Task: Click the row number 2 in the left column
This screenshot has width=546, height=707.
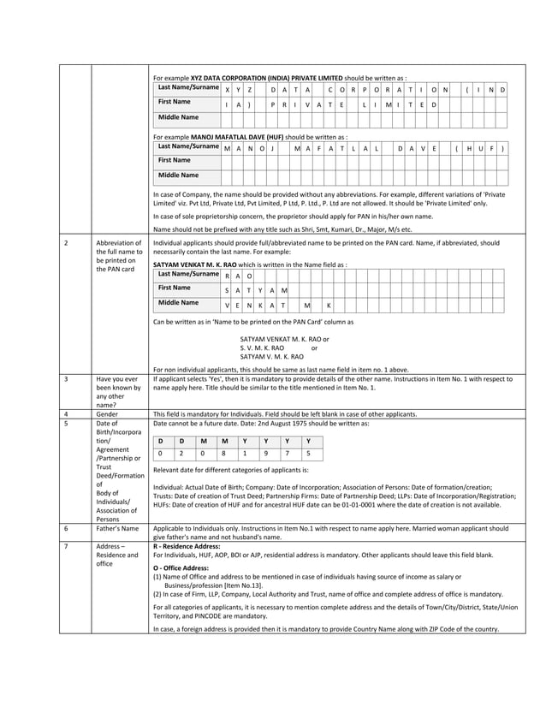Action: click(66, 243)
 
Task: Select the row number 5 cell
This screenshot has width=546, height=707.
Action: click(66, 423)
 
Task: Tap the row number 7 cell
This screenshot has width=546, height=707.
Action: click(66, 545)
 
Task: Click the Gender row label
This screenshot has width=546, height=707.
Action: click(108, 413)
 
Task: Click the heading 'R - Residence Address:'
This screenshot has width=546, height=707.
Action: click(186, 545)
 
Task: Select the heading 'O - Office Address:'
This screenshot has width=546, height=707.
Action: click(180, 567)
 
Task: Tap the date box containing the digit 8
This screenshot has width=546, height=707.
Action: click(224, 454)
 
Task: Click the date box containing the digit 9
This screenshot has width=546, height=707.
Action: click(266, 454)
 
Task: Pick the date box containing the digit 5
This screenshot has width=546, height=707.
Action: click(308, 454)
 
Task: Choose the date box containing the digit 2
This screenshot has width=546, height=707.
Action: click(181, 454)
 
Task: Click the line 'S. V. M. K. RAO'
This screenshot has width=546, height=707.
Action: click(262, 348)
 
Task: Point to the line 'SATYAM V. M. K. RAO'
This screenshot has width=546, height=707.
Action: click(271, 356)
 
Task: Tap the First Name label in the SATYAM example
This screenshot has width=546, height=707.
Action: click(175, 288)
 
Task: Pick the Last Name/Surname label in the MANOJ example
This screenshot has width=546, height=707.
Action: click(188, 146)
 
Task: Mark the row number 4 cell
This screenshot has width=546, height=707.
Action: click(66, 413)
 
